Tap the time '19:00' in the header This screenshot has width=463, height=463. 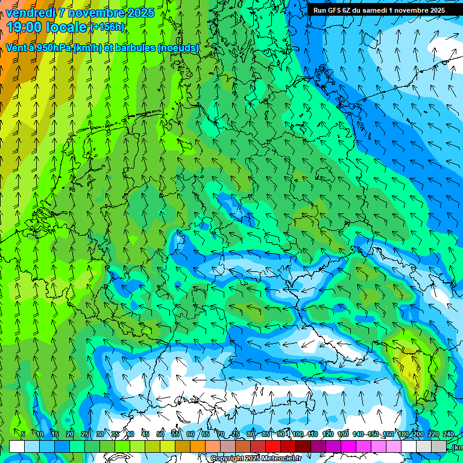(x=25, y=27)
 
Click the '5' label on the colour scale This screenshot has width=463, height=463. (x=23, y=434)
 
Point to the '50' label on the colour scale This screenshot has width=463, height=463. (x=160, y=434)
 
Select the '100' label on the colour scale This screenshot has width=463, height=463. (x=297, y=434)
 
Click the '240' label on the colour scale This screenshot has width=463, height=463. (x=449, y=434)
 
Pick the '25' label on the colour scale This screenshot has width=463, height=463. (x=85, y=434)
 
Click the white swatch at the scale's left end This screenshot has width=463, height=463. (x=17, y=446)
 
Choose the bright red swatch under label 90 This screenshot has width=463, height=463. (x=273, y=446)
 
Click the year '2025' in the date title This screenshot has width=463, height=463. (x=140, y=13)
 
